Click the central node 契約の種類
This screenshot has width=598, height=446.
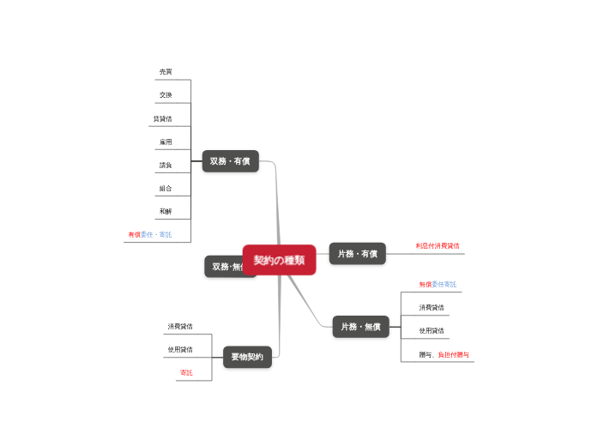point(279,260)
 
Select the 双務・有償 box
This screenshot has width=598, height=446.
point(230,161)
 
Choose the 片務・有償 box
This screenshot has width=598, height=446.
point(357,253)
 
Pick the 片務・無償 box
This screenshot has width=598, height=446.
point(360,327)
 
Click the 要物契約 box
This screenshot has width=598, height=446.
point(247,357)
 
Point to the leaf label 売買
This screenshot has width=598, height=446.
point(166,71)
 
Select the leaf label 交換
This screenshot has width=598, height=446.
point(166,94)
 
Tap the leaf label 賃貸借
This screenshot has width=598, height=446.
point(162,118)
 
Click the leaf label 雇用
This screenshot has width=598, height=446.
point(166,142)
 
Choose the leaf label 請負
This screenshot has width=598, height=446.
point(166,165)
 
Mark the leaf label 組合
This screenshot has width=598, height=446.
point(166,188)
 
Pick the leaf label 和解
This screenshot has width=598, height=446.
point(166,211)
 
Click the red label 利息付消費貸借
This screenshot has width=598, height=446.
point(438,245)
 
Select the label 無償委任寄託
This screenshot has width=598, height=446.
point(438,284)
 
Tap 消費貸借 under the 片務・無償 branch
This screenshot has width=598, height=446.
point(432,307)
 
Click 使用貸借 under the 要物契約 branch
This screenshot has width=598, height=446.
point(180,349)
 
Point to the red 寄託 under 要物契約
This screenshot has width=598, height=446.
point(186,372)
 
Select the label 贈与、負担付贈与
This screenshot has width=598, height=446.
point(444,354)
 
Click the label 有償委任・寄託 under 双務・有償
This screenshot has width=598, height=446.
point(150,234)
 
